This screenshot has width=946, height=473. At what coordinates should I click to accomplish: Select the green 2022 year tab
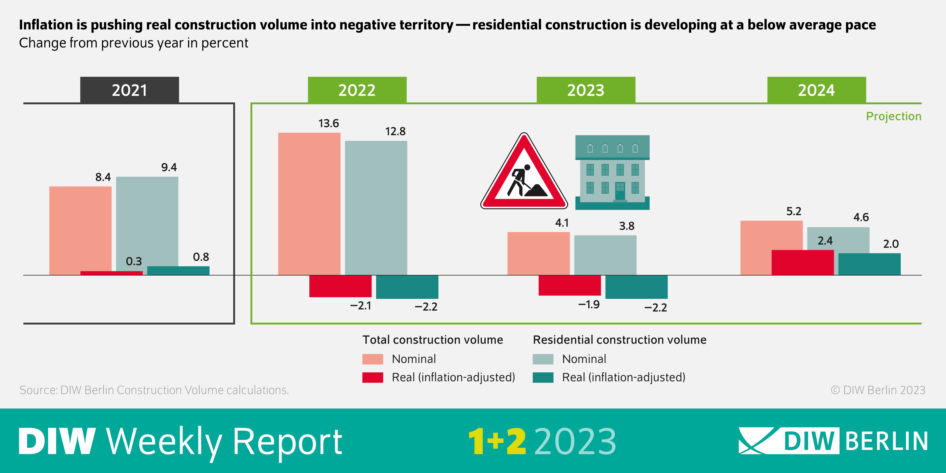click(x=357, y=90)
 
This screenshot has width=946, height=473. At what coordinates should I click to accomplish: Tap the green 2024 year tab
click(x=816, y=90)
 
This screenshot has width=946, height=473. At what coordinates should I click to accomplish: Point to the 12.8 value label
click(x=395, y=131)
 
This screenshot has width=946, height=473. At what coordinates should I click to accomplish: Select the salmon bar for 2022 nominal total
click(x=309, y=204)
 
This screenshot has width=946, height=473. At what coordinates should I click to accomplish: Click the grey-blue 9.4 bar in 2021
click(x=147, y=220)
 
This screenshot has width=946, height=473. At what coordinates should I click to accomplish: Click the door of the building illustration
click(x=620, y=191)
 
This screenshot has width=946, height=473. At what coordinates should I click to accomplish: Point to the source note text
click(x=154, y=390)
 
